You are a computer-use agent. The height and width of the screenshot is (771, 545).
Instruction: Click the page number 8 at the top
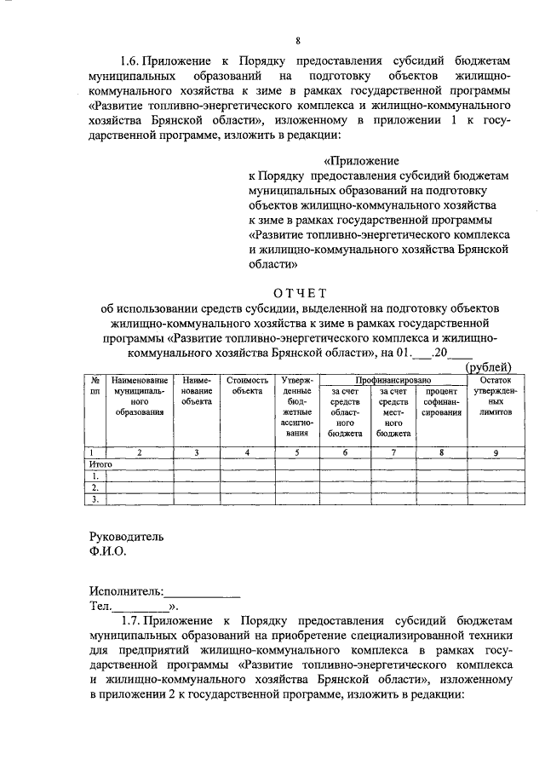pos(298,40)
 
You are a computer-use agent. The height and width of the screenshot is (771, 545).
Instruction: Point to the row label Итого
pos(101,464)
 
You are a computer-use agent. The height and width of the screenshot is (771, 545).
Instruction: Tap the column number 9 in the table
pos(496,452)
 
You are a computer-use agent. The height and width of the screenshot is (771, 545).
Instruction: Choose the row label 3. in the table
pos(96,500)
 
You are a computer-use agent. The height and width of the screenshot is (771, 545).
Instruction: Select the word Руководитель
pos(126,537)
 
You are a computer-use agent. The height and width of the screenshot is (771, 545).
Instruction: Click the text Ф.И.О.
pos(108,551)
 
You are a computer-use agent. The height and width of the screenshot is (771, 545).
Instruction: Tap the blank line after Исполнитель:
pos(202,591)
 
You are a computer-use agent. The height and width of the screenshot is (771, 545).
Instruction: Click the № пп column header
pos(96,384)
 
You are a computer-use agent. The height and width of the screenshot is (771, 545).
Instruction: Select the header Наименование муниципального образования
pos(140,395)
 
